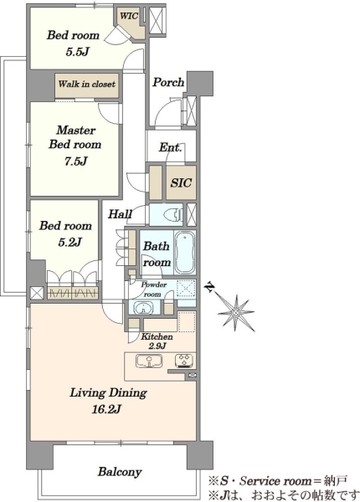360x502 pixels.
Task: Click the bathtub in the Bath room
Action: pos(185,253)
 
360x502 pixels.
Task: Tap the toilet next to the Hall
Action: pos(172,214)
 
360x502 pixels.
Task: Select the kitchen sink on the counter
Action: pos(149,361)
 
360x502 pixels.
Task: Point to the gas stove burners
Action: pos(184,360)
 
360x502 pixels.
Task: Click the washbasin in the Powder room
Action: pos(143,309)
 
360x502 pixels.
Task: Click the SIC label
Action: pos(181,182)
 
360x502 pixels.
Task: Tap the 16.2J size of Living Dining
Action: pos(106,409)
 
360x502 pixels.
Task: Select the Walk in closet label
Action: pos(87,85)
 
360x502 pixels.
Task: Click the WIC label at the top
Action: pos(129,15)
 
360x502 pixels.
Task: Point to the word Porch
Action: pos(168,82)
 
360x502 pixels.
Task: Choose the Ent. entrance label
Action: pos(171,147)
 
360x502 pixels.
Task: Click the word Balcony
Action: pos(120,472)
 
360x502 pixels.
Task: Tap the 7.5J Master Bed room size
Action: pos(75,161)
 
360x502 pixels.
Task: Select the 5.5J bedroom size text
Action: pos(77,51)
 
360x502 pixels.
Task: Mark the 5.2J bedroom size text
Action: pos(69,242)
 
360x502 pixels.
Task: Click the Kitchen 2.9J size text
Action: pos(157,346)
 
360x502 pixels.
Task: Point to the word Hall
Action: pos(120,214)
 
